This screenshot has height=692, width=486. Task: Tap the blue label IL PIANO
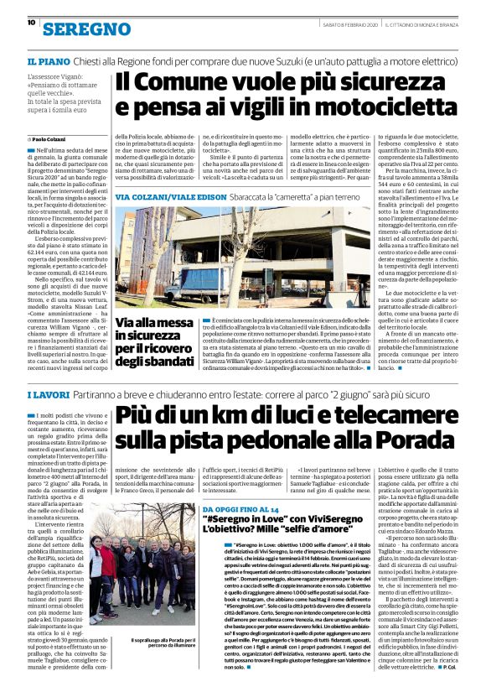coord(49,61)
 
